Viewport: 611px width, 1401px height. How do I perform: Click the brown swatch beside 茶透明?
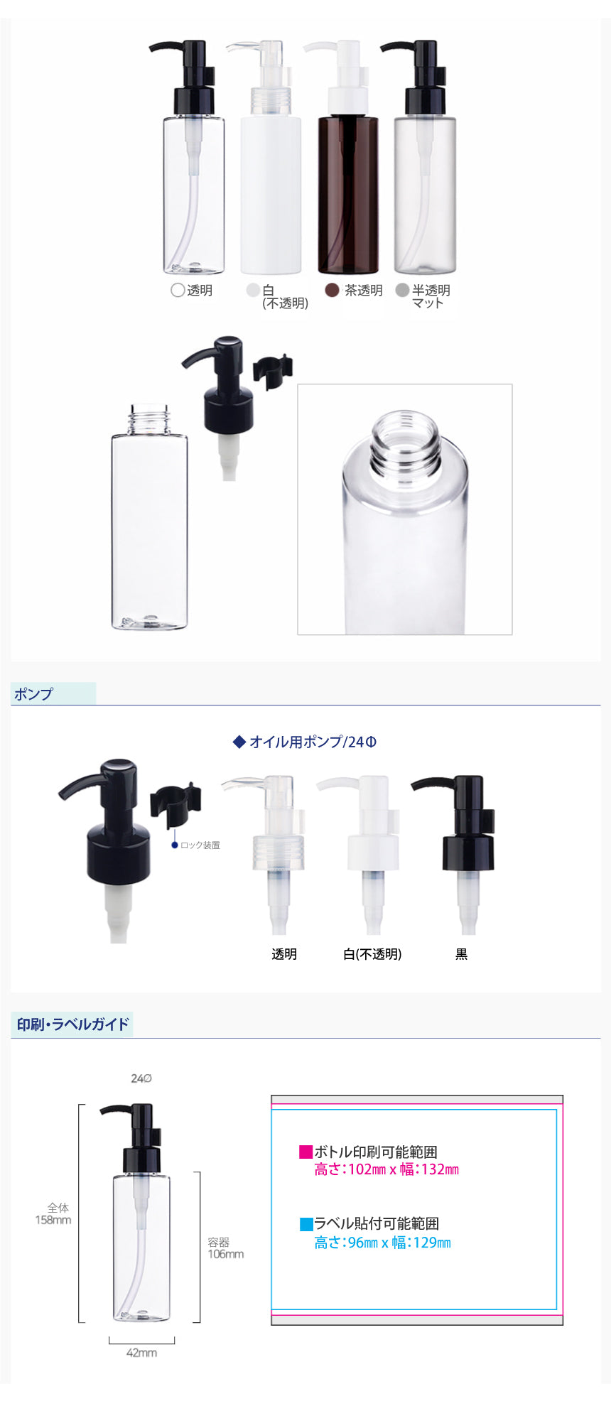(x=331, y=290)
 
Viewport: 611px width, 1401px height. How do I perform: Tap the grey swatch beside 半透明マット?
(x=402, y=290)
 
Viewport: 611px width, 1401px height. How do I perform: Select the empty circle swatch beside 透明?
(x=178, y=290)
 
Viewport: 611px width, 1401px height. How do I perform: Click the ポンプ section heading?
(x=33, y=694)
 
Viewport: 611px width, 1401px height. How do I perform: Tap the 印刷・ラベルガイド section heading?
(x=73, y=1024)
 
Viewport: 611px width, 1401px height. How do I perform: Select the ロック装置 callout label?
(x=200, y=845)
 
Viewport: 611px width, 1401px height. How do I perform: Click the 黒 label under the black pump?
(x=462, y=954)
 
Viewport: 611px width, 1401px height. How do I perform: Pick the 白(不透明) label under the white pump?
(x=372, y=954)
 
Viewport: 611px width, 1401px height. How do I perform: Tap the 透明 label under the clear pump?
(x=284, y=954)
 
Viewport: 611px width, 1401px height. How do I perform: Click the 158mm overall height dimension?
(x=53, y=1220)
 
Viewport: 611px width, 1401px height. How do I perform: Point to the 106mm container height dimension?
(x=225, y=1254)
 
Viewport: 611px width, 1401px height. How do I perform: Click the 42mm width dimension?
(x=141, y=1353)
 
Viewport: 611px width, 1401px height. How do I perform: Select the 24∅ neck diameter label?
(x=141, y=1078)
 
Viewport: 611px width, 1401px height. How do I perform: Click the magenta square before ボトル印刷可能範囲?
(x=306, y=1152)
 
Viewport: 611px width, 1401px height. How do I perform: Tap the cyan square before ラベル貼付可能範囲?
(x=306, y=1224)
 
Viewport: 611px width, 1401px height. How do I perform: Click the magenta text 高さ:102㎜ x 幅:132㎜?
(x=386, y=1169)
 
